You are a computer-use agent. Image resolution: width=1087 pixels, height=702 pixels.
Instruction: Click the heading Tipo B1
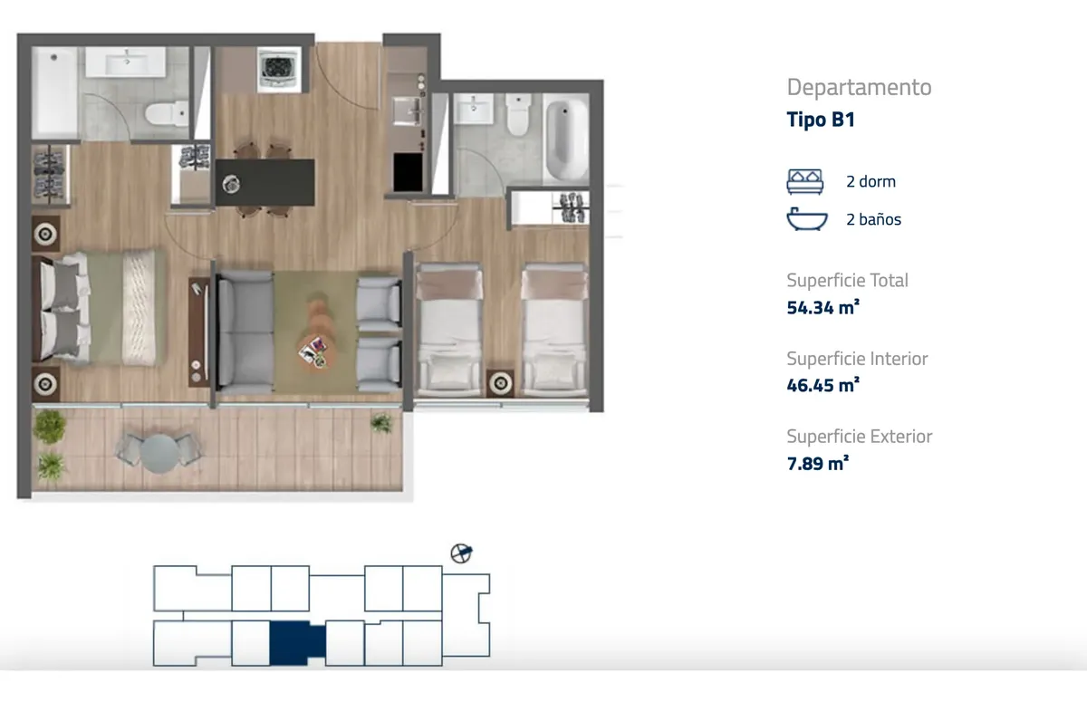(821, 120)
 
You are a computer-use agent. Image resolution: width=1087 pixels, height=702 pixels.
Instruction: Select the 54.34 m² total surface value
(823, 308)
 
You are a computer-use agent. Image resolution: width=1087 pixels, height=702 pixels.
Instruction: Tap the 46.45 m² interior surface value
(823, 385)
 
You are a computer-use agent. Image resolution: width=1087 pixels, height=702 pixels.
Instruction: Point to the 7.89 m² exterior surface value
(818, 463)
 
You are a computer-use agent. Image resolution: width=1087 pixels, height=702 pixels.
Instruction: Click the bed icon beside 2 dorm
(805, 182)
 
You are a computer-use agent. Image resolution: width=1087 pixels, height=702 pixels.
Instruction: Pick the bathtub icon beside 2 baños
(807, 219)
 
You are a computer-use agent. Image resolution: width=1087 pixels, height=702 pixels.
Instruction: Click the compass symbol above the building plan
(461, 553)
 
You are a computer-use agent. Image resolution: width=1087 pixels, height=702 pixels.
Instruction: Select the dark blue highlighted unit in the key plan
(297, 643)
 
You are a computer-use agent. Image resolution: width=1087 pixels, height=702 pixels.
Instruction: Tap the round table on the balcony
(159, 453)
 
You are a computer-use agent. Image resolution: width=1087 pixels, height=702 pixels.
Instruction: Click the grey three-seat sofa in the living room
(245, 332)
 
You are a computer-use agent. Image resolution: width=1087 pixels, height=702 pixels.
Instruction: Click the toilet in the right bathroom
(518, 114)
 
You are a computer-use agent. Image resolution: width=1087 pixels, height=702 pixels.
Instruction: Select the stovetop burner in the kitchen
(279, 70)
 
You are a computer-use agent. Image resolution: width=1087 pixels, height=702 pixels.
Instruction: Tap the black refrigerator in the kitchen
(408, 172)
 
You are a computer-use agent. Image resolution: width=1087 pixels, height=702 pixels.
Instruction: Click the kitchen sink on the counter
(407, 111)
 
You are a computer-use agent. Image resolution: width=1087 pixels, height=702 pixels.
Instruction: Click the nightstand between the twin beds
(501, 384)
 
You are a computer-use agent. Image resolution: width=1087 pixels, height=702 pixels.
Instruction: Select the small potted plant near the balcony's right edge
(381, 422)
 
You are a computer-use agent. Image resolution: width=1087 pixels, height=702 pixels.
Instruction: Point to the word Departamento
(859, 88)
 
